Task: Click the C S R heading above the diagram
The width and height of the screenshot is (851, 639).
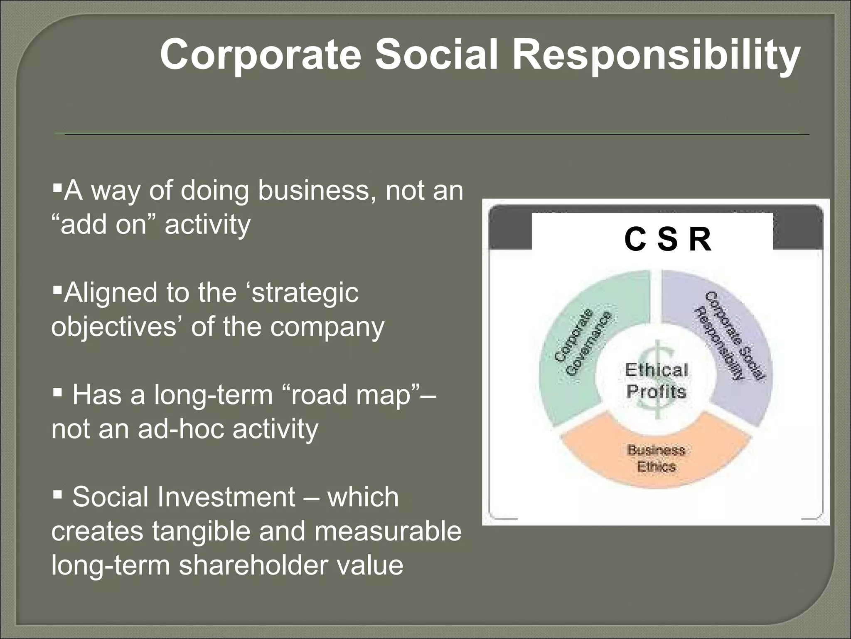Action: [667, 240]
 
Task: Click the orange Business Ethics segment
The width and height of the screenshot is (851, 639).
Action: [656, 458]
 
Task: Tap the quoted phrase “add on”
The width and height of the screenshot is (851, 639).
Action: [104, 225]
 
